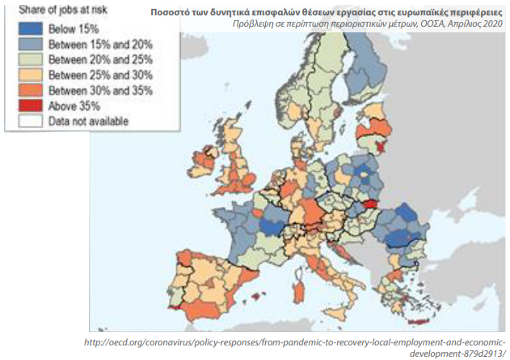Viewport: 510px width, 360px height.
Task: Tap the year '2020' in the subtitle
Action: pyautogui.click(x=494, y=23)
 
